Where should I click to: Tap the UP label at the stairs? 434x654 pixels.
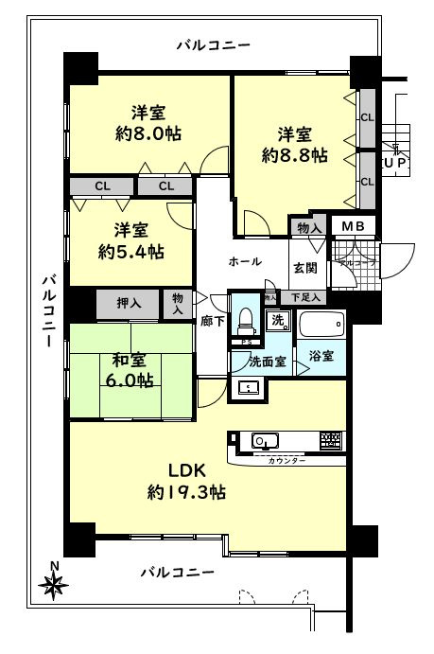tap(396, 163)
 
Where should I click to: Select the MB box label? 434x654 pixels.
tap(354, 226)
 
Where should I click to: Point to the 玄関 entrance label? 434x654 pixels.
tap(304, 269)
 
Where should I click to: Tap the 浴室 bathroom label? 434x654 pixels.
tap(320, 356)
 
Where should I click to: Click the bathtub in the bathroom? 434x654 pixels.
tap(322, 327)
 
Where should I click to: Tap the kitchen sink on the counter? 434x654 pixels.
tap(262, 440)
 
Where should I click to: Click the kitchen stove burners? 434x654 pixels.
tap(329, 440)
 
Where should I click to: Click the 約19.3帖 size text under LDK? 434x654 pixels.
tap(185, 492)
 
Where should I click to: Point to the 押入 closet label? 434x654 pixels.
tap(130, 303)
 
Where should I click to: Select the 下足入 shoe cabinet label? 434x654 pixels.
tap(305, 298)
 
